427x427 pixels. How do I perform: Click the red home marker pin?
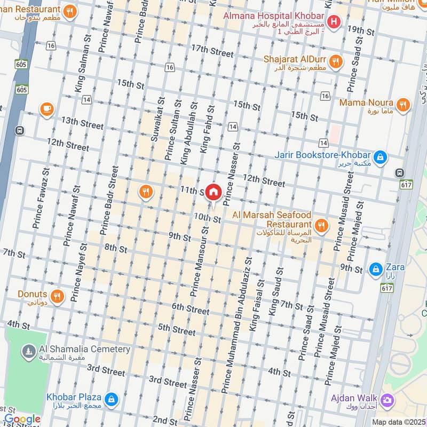pyautogui.click(x=213, y=192)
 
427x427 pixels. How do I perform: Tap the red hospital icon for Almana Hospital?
pyautogui.click(x=334, y=22)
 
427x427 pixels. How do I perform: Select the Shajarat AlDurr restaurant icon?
pyautogui.click(x=336, y=62)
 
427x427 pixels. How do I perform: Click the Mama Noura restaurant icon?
pyautogui.click(x=403, y=105)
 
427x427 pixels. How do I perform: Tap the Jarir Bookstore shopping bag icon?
pyautogui.click(x=380, y=156)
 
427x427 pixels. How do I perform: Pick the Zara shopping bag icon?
pyautogui.click(x=376, y=268)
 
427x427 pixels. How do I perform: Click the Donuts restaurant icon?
pyautogui.click(x=58, y=295)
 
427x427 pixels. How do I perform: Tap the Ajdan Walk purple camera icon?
pyautogui.click(x=387, y=399)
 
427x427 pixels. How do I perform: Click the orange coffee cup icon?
pyautogui.click(x=47, y=109)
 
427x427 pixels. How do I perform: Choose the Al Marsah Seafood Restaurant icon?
pyautogui.click(x=321, y=226)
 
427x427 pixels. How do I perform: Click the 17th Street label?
pyautogui.click(x=212, y=51)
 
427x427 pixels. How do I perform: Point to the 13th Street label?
pyautogui.click(x=82, y=123)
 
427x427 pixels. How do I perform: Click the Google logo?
pyautogui.click(x=22, y=419)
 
